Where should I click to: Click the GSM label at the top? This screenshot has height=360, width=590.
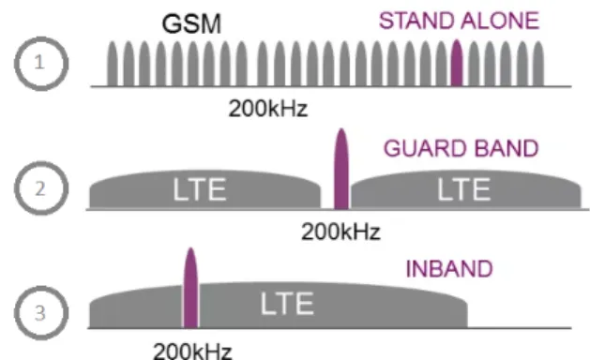[191, 23]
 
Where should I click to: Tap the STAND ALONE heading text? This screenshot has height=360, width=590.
[459, 21]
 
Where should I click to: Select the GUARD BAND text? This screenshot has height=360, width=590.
[461, 148]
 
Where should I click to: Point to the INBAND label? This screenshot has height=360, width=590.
[449, 268]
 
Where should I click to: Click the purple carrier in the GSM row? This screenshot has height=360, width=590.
[457, 63]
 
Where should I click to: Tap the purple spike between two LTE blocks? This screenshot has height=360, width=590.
[341, 169]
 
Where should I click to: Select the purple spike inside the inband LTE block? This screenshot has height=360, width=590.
[190, 288]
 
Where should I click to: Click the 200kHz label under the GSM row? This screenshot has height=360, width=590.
[268, 109]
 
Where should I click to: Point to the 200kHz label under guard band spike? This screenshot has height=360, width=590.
[340, 232]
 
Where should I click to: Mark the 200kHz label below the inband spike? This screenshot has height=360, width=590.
[192, 351]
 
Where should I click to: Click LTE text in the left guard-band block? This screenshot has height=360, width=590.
[200, 189]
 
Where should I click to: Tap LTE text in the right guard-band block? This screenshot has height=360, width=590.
[464, 189]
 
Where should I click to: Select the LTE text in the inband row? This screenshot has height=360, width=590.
[287, 303]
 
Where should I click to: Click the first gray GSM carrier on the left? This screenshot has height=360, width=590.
[113, 64]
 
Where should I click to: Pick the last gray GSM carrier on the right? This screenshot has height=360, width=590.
[538, 64]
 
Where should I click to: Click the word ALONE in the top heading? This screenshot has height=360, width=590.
[500, 21]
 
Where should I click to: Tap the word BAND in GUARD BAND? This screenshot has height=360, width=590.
[507, 148]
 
